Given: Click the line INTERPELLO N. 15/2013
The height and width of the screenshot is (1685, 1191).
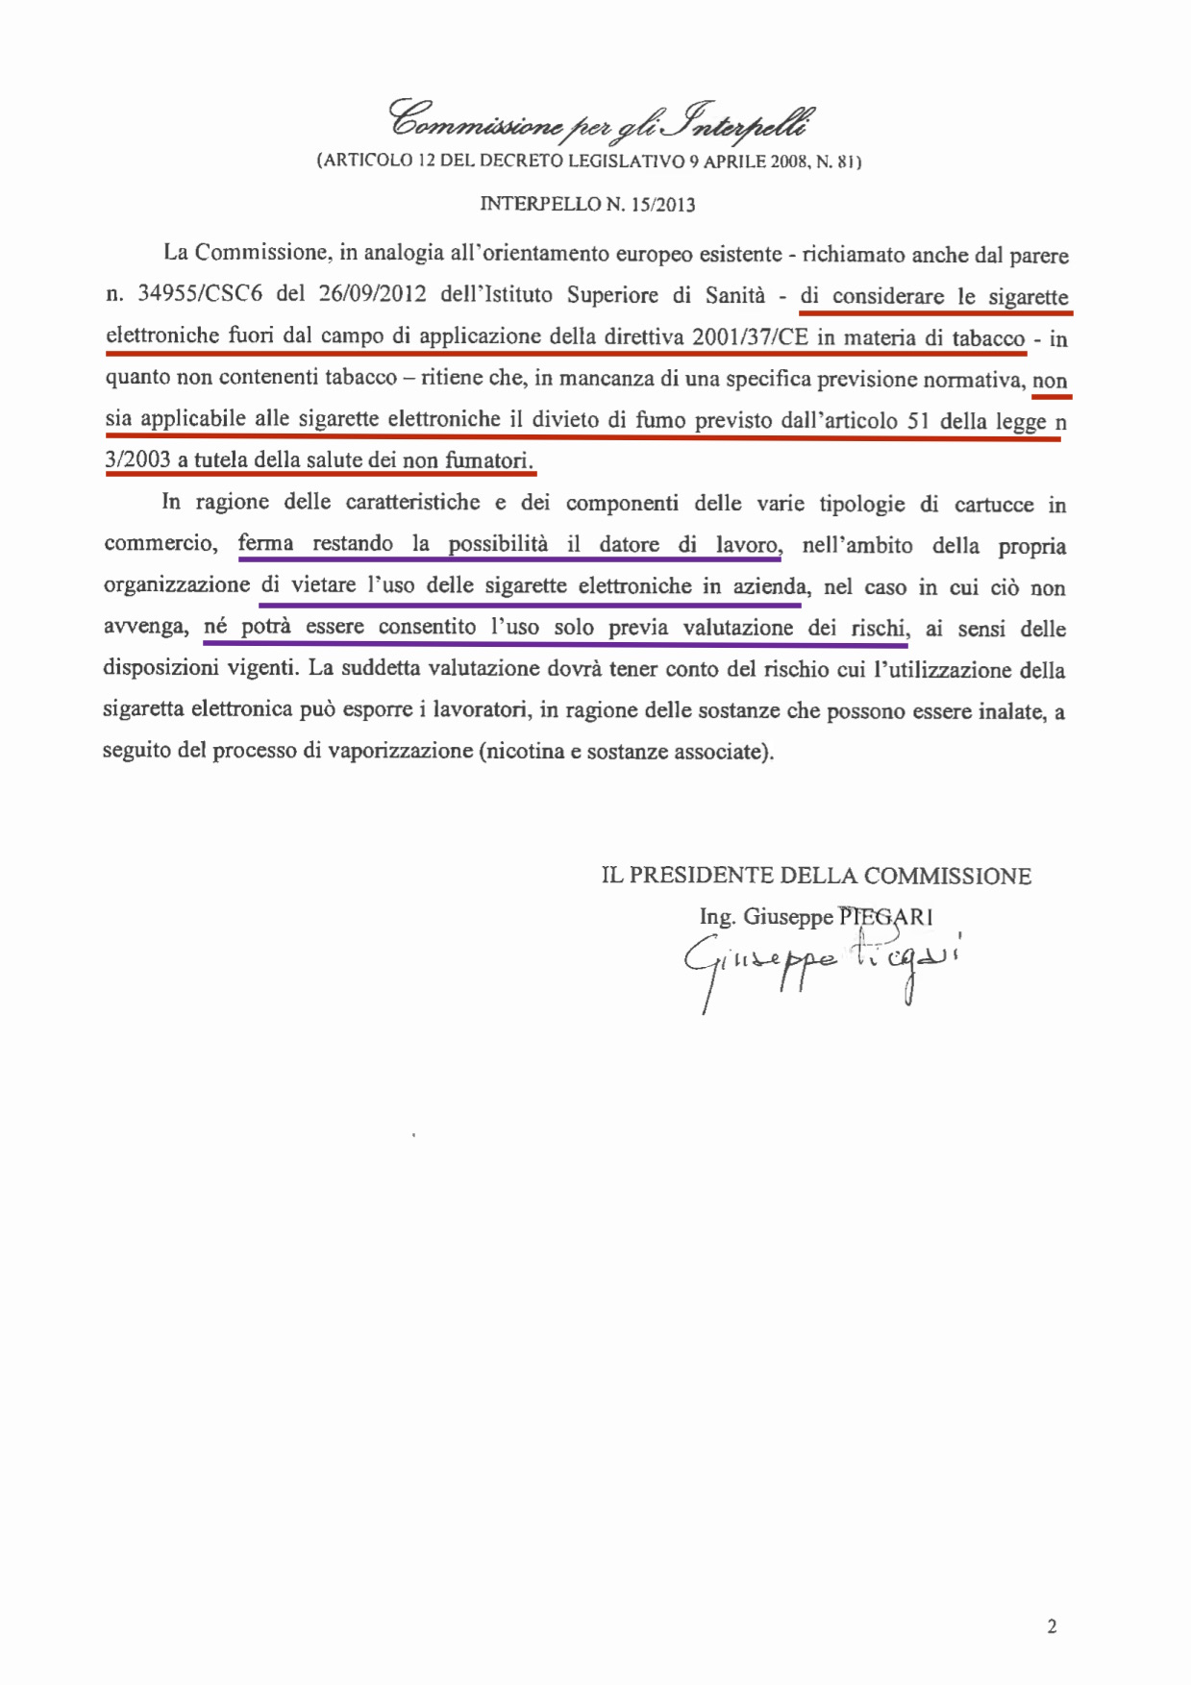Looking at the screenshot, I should coord(587,204).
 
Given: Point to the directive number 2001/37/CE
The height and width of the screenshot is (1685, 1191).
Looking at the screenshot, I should coord(750,337).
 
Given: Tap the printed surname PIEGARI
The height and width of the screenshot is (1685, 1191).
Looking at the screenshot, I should coord(885,916).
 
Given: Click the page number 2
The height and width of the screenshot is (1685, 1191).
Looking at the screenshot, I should coord(1052,1626).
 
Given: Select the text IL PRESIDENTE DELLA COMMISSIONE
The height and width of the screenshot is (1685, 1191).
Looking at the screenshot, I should coord(816,876).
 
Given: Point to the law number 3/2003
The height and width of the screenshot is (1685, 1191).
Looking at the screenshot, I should coord(137,459).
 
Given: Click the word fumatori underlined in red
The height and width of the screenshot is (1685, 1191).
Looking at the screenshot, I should coord(488,460).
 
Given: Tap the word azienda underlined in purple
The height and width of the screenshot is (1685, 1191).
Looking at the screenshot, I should coord(770,586).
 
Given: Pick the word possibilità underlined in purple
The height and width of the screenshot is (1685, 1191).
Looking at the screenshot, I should coord(498,544).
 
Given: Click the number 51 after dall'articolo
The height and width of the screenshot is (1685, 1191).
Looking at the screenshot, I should coord(918,420).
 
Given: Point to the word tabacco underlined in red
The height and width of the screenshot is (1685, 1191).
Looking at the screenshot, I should coord(988,338).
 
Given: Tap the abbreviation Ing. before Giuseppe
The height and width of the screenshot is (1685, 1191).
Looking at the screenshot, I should coord(716,917).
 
